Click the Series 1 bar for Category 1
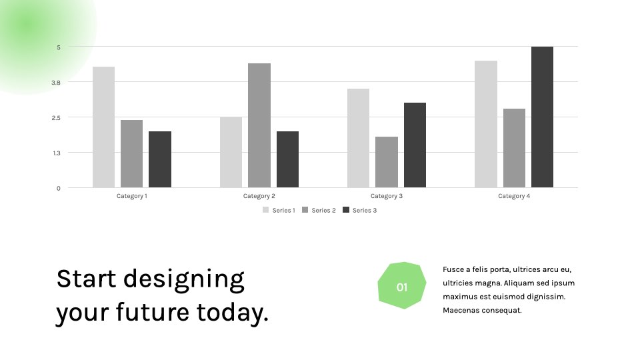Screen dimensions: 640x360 104,127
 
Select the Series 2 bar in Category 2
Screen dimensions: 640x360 259,125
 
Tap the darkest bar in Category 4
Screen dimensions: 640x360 543,117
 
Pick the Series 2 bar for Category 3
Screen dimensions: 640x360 387,162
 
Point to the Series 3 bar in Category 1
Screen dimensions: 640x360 160,159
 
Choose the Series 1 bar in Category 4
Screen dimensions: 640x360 486,124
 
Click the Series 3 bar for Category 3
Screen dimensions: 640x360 415,145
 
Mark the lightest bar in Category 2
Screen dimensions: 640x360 231,152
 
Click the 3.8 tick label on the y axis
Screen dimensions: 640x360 56,83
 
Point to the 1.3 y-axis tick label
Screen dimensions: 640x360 56,153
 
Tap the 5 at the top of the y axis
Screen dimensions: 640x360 59,47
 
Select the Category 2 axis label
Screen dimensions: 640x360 259,196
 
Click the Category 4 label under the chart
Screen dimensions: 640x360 514,196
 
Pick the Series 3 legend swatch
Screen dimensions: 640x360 346,210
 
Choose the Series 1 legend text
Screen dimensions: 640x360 284,210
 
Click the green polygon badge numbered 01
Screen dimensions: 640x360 402,286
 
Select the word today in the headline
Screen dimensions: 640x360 232,313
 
